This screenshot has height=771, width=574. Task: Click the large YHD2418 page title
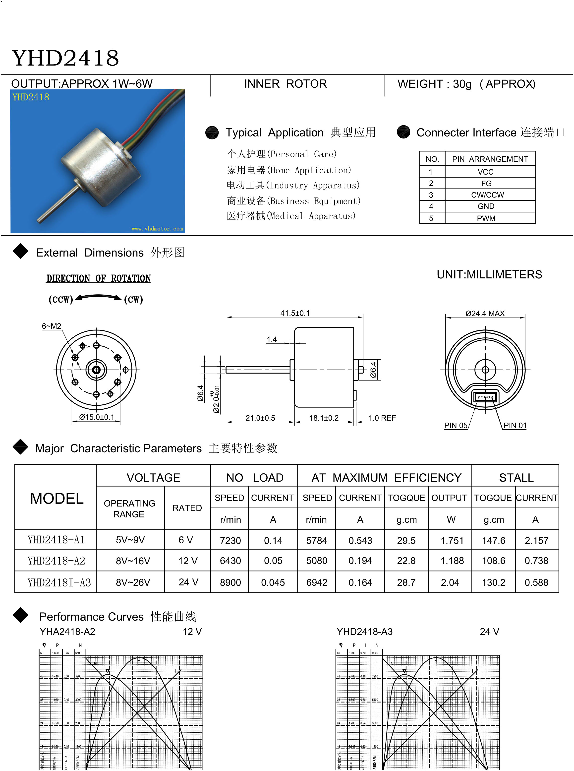[x=65, y=58]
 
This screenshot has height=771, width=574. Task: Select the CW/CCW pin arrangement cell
[x=487, y=195]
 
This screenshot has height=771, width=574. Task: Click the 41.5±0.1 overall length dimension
[x=295, y=313]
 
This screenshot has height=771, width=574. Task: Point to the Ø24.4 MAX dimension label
[x=485, y=313]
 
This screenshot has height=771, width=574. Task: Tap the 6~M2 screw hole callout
[x=52, y=326]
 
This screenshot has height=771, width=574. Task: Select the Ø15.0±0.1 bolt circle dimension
[x=97, y=417]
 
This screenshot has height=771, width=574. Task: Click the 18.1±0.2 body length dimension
[x=324, y=418]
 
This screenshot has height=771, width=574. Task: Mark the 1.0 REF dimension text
[x=382, y=418]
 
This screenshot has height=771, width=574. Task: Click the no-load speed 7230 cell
[x=230, y=541]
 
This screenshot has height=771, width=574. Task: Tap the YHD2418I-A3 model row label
[x=59, y=582]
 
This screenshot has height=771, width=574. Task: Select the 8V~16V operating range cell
[x=133, y=561]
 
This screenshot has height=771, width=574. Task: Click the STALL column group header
[x=516, y=478]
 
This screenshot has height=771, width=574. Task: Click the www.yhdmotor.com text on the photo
[x=157, y=228]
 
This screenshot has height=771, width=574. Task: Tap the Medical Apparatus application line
[x=291, y=216]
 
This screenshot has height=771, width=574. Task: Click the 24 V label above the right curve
[x=489, y=632]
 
